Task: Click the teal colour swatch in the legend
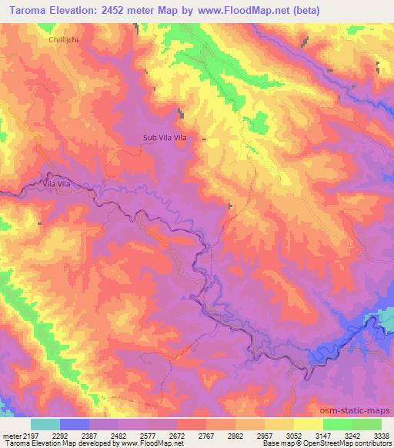(x=45, y=423)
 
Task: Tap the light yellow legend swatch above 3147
(x=309, y=423)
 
